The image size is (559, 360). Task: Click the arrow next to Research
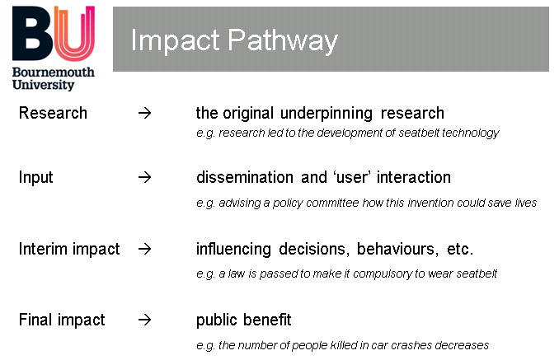[x=145, y=113]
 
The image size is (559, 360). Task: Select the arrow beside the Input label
[x=145, y=177]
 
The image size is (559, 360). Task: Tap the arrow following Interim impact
[x=145, y=249]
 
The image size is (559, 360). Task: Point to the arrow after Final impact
[x=145, y=320]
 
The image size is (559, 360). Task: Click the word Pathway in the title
[x=283, y=41]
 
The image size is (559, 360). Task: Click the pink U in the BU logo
[x=74, y=33]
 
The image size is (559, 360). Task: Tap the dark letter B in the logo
[x=32, y=33]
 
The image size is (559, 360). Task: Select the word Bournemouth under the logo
[x=54, y=72]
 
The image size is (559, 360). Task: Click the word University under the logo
[x=43, y=85]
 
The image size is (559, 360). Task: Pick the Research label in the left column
[x=53, y=113]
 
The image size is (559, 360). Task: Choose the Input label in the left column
[x=35, y=178]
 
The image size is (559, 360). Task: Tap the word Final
[x=35, y=320]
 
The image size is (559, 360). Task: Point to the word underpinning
[x=326, y=114]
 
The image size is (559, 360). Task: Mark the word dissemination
[x=245, y=177]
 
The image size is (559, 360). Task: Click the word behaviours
[x=397, y=249]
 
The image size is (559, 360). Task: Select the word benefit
[x=267, y=320]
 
